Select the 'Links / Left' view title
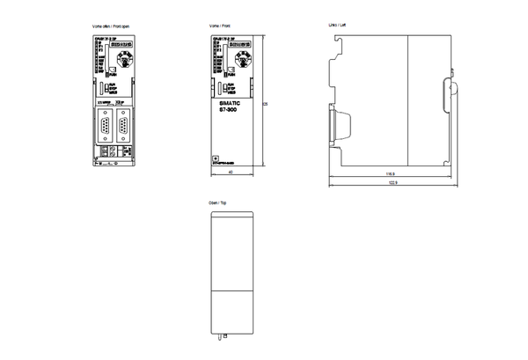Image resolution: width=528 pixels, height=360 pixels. click(335, 28)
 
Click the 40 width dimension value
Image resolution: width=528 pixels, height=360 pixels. click(230, 173)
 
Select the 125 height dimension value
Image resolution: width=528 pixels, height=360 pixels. click(265, 104)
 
